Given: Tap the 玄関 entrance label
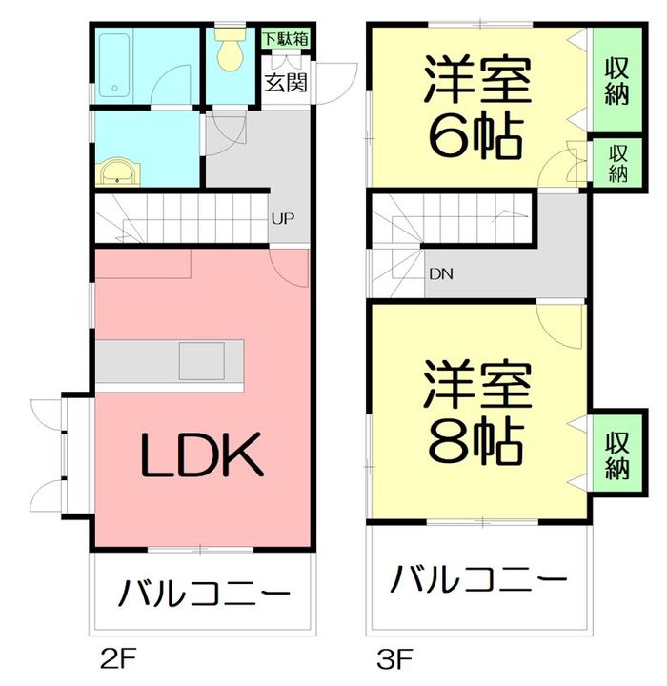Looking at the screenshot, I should [x=286, y=82].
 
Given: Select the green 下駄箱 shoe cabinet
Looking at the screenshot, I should [x=286, y=40].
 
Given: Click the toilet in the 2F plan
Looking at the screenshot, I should [x=230, y=52].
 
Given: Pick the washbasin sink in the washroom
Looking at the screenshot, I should [x=119, y=172].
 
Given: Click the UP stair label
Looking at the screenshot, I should [x=282, y=218].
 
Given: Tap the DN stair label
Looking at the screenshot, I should [x=440, y=274].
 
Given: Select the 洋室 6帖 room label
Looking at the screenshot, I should [x=475, y=110].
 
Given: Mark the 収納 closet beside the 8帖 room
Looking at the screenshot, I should [x=616, y=455].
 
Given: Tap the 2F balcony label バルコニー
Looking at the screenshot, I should [x=203, y=595].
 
